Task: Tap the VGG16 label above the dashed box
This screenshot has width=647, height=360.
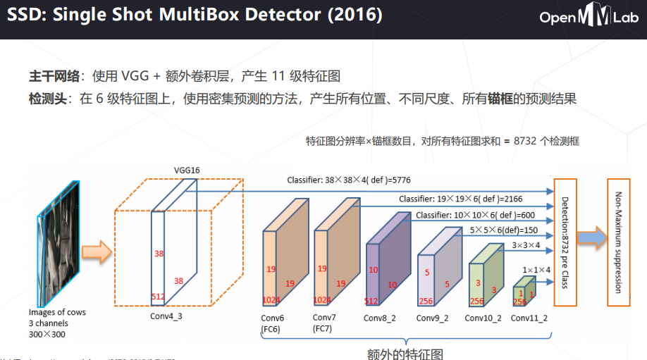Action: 187,170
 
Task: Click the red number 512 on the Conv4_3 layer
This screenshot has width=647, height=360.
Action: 159,297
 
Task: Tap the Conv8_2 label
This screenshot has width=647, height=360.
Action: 380,318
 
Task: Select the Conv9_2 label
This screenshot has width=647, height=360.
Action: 432,318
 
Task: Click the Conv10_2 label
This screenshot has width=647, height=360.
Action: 483,318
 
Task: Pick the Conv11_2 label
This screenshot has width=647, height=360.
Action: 529,318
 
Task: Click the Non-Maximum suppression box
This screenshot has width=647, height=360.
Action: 619,242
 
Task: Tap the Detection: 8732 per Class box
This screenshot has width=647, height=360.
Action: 565,242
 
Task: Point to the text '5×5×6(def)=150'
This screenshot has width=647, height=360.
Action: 504,230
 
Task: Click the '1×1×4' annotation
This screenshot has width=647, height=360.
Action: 536,269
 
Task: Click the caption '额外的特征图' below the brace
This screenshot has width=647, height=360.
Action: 406,352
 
